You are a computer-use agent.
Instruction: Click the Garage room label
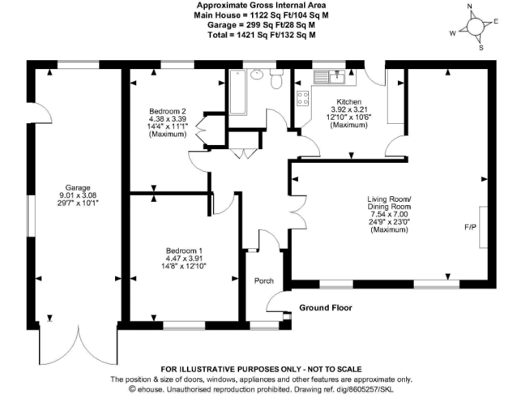pyautogui.click(x=77, y=187)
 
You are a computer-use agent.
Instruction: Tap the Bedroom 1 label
pyautogui.click(x=183, y=251)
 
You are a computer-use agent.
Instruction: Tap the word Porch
pyautogui.click(x=264, y=281)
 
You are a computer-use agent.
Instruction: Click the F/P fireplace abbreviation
pyautogui.click(x=471, y=227)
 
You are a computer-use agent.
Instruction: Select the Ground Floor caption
pyautogui.click(x=325, y=308)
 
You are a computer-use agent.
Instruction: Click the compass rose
pyautogui.click(x=473, y=27)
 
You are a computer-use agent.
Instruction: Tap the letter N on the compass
pyautogui.click(x=470, y=7)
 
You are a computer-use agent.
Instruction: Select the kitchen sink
pyautogui.click(x=337, y=77)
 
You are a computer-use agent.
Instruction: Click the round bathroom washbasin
pyautogui.click(x=257, y=74)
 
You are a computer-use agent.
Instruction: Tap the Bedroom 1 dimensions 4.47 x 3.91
pyautogui.click(x=183, y=259)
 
